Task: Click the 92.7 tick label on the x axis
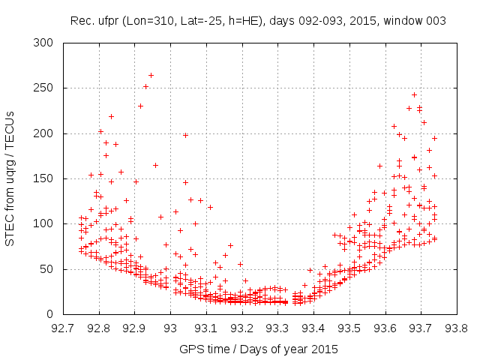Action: pyautogui.click(x=63, y=328)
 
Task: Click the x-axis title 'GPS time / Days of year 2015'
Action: pyautogui.click(x=259, y=349)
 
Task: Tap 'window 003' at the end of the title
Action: pyautogui.click(x=417, y=21)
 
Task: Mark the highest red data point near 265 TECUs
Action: pyautogui.click(x=151, y=75)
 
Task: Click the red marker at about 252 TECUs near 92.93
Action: pyautogui.click(x=145, y=86)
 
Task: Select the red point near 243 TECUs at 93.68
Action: pyautogui.click(x=414, y=94)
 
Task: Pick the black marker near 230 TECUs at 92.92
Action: pyautogui.click(x=140, y=106)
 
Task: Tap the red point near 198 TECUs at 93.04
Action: pyautogui.click(x=185, y=135)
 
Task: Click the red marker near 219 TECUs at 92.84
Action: pyautogui.click(x=111, y=116)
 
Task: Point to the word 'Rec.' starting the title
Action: pyautogui.click(x=82, y=21)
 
